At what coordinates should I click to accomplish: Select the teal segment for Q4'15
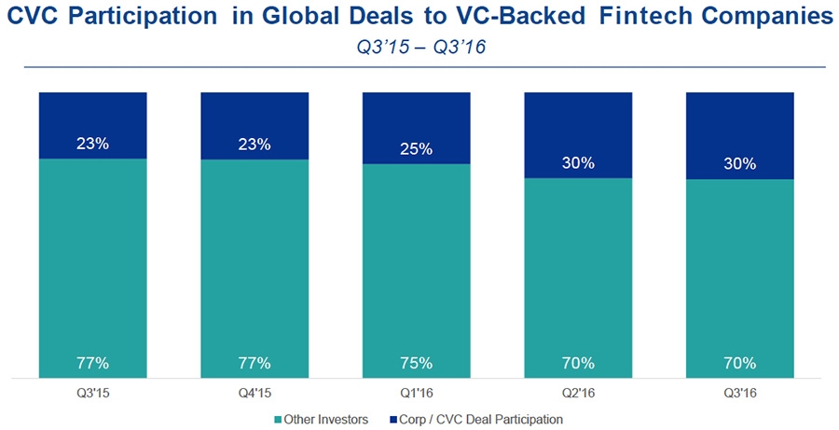tap(254, 261)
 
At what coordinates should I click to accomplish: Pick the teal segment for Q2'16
tap(578, 270)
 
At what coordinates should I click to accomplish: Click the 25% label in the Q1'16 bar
tap(416, 148)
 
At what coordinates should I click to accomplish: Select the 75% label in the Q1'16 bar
tap(416, 362)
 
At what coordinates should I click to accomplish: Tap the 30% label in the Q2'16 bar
tap(578, 162)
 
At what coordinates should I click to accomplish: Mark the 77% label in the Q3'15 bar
tap(92, 362)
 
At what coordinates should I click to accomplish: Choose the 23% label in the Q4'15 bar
tap(254, 144)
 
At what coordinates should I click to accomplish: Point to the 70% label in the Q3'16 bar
tap(739, 362)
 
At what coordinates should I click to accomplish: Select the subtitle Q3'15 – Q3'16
tap(419, 49)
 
